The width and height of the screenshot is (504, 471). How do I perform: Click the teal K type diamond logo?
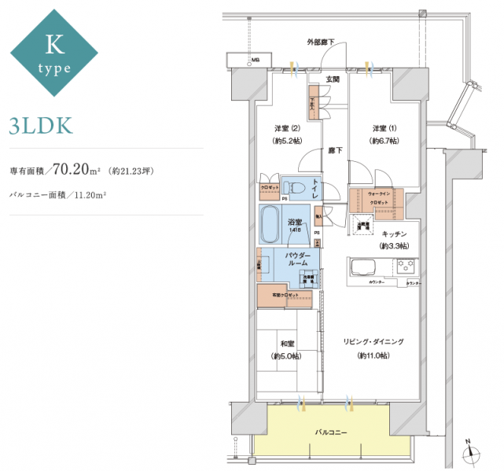[53, 53]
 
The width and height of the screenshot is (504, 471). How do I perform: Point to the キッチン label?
[394, 234]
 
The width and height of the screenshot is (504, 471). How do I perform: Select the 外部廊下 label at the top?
[320, 41]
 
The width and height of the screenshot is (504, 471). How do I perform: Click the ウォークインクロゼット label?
[380, 197]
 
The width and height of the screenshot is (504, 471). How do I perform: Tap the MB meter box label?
[255, 61]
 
